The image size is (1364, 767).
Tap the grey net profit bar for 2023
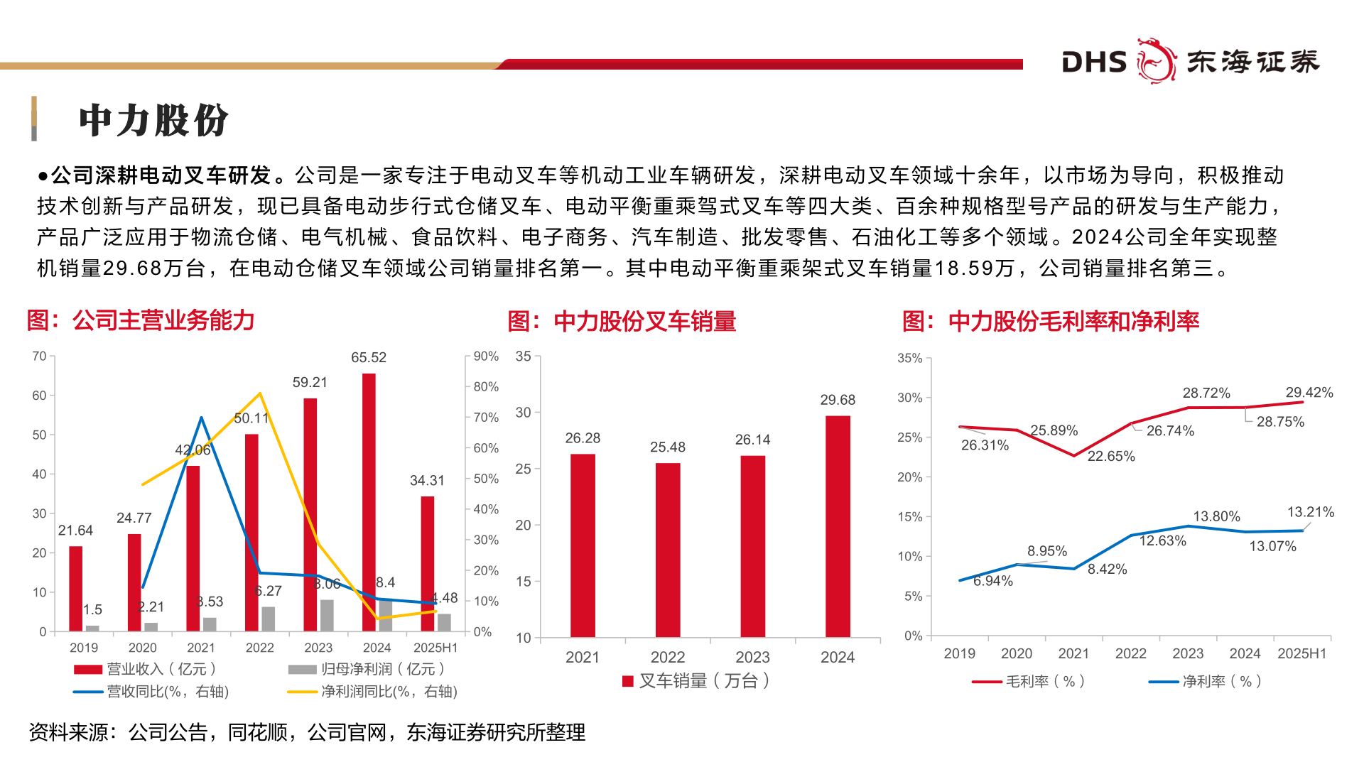327,615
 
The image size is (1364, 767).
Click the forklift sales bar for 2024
838,526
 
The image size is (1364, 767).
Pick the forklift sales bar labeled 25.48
668,550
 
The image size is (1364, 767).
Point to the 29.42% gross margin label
1309,393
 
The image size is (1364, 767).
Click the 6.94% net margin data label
992,581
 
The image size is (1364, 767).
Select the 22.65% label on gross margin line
1111,456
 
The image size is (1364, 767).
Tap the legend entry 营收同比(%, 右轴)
167,692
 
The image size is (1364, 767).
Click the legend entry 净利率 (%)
1221,682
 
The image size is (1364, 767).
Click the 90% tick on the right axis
486,357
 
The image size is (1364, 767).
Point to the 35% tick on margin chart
909,359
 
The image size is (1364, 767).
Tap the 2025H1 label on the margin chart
1301,653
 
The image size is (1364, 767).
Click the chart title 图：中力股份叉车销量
622,321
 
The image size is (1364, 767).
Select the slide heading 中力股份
153,120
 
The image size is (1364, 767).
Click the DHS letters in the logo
1094,62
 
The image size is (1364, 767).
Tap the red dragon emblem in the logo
1156,61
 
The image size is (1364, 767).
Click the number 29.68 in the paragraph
132,268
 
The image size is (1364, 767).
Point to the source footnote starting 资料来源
307,732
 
